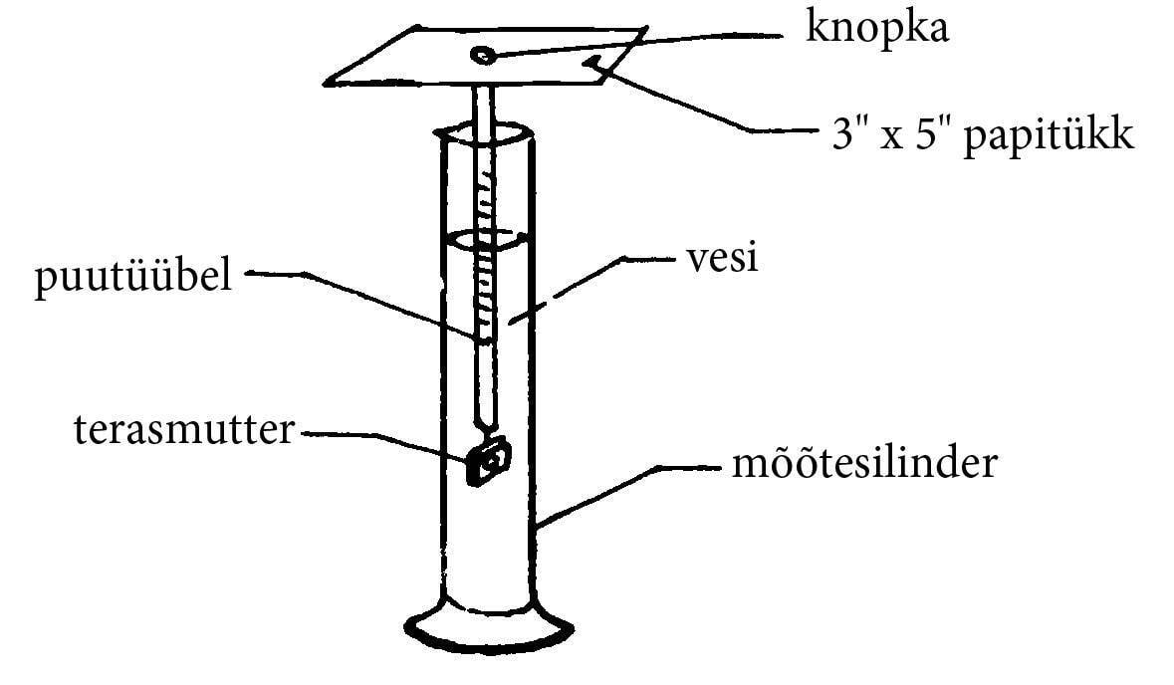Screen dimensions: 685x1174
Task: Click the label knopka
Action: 877,30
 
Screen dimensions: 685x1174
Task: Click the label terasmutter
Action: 186,431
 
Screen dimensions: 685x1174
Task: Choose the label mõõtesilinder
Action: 862,464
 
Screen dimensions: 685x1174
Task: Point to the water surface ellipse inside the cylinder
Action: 485,239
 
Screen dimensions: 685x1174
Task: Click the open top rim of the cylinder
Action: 485,132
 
